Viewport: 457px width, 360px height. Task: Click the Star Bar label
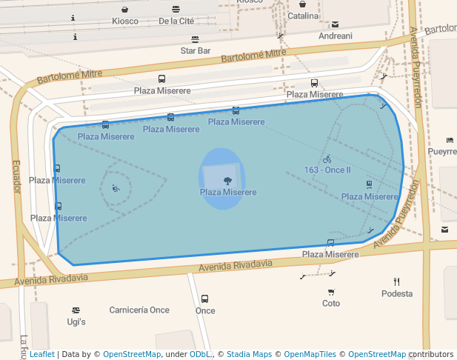[196, 51]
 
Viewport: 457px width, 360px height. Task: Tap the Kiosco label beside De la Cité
[125, 21]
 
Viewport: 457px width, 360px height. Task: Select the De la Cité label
[176, 21]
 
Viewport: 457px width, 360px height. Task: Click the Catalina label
[303, 16]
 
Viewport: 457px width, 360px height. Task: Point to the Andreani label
[335, 36]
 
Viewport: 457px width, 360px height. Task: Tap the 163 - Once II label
[327, 170]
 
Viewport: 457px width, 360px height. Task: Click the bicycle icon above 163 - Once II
[327, 159]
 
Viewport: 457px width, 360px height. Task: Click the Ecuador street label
[16, 177]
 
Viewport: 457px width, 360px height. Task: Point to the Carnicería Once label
[139, 310]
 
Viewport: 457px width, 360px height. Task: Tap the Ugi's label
[76, 322]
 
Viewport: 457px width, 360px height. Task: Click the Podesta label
[397, 294]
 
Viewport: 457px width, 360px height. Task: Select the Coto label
[331, 304]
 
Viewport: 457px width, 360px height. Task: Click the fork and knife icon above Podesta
[397, 281]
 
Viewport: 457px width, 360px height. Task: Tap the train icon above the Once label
[204, 299]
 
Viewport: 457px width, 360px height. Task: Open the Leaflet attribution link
[41, 354]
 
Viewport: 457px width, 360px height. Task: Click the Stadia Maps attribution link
[249, 354]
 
